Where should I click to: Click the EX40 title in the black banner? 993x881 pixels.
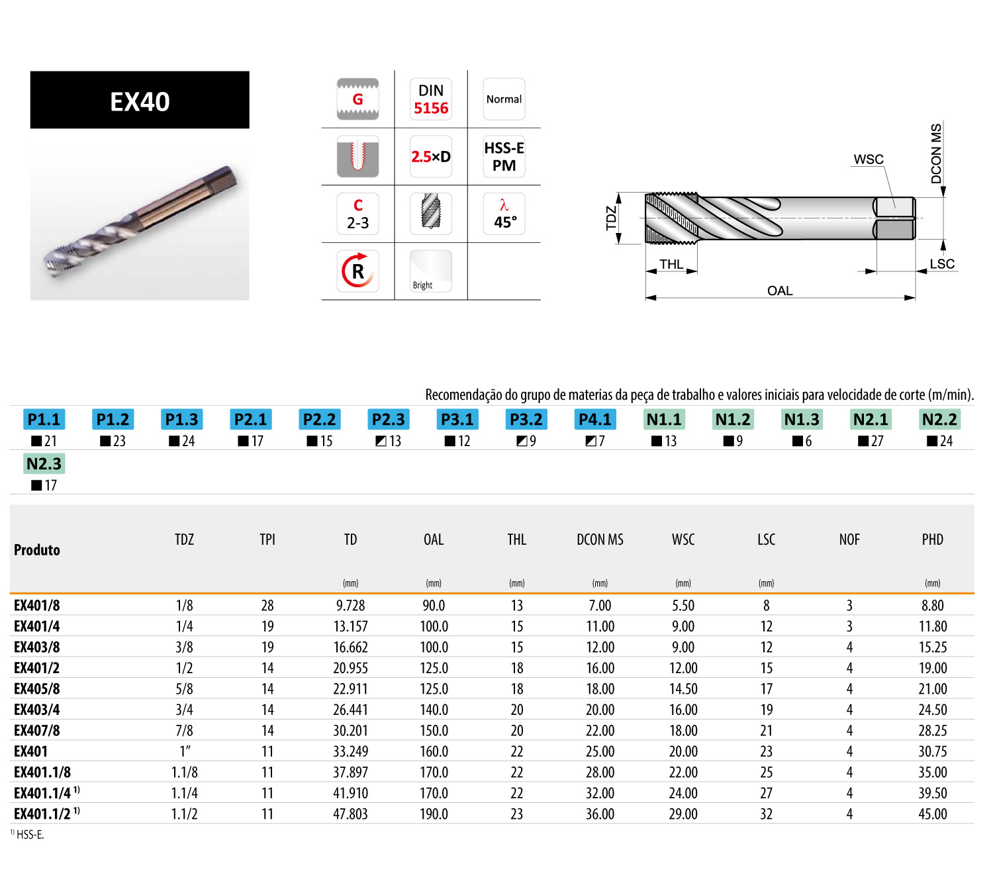pos(140,101)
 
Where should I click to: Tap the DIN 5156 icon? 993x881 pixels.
pos(430,99)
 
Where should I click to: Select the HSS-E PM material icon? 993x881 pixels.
pos(503,156)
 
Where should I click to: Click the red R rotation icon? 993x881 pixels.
pos(357,271)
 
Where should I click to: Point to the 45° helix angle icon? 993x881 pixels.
pos(503,214)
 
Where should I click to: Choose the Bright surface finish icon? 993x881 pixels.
pos(430,271)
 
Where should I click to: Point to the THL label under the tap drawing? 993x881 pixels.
pos(671,264)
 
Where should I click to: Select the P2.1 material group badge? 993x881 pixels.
pos(250,419)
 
